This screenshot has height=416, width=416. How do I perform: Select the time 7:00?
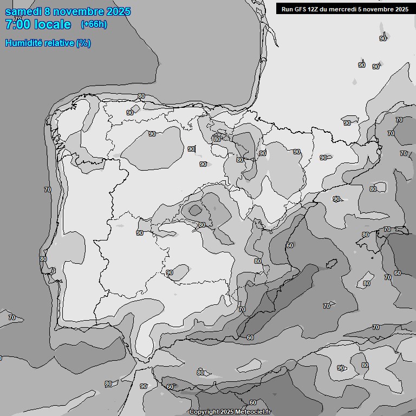click(15, 24)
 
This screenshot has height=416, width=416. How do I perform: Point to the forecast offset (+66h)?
click(94, 24)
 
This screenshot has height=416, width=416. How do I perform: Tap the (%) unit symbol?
click(83, 43)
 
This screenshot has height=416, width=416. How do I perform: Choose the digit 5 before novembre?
click(361, 9)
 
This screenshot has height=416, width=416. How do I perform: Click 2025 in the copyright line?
click(227, 412)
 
